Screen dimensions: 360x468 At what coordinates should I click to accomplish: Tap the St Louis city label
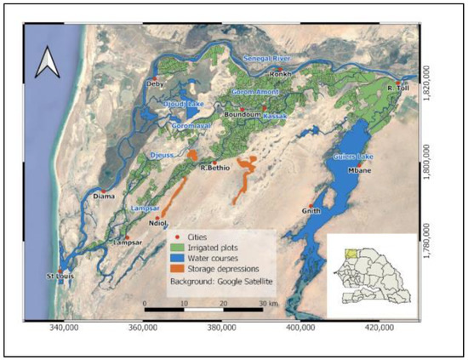[x=60, y=276]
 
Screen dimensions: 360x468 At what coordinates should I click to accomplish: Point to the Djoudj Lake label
[x=183, y=104]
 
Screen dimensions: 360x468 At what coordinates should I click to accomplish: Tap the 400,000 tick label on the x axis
[x=302, y=325]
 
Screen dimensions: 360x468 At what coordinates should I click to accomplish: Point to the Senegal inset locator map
[x=372, y=271]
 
